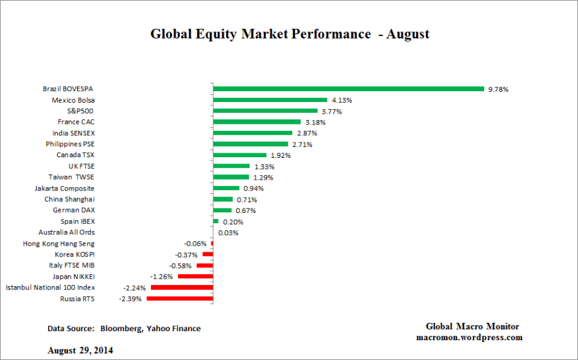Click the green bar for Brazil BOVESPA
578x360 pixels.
[x=348, y=89]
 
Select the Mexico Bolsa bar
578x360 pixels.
[x=270, y=100]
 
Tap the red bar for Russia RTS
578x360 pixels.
[x=180, y=299]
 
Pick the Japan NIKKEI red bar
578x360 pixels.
[x=195, y=277]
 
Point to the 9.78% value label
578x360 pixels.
[x=498, y=90]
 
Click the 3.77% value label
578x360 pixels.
[x=332, y=111]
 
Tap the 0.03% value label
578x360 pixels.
[x=228, y=233]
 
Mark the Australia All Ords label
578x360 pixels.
[x=67, y=232]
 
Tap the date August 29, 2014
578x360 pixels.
[x=81, y=350]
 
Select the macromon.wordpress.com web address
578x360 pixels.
[x=469, y=337]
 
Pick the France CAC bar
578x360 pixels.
[x=257, y=122]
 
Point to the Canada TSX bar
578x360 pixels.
[x=240, y=155]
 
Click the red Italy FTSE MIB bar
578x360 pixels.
[x=204, y=266]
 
